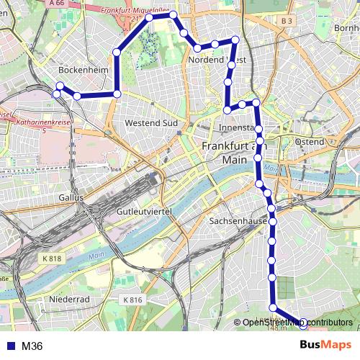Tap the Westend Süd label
point(151,123)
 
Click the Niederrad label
point(69,298)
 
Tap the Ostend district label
point(310,142)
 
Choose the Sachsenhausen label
point(238,222)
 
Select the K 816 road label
point(133,300)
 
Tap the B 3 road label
point(287,22)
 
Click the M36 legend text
point(32,346)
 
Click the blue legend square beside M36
point(10,346)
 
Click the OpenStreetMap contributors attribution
point(297,323)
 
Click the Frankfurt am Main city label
point(224,152)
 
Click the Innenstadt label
point(237,128)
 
